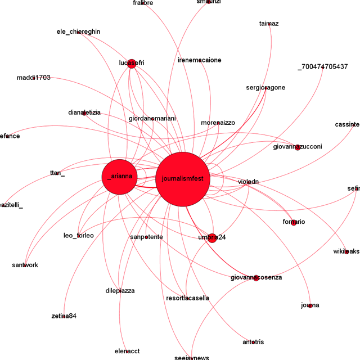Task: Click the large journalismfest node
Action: coord(183,179)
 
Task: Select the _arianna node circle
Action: coord(119,177)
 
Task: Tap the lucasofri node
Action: coord(132,63)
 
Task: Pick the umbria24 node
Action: coord(211,238)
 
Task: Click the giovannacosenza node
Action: coord(256,278)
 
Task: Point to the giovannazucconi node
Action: coord(298,147)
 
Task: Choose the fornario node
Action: coord(294,222)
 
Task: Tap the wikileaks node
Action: coord(347,251)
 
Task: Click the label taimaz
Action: coord(269,24)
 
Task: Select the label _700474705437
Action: coord(322,67)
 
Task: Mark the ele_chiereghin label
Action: coord(78,31)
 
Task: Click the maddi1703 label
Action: coord(33,78)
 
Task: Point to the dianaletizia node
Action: coord(84,113)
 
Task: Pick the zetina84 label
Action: coord(64,316)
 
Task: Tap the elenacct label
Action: coord(127,352)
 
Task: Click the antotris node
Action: coord(253,342)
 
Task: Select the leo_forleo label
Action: coord(78,236)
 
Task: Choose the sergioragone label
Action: coord(265,88)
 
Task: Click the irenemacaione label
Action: coord(199,60)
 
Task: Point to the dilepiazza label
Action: coord(120,291)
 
